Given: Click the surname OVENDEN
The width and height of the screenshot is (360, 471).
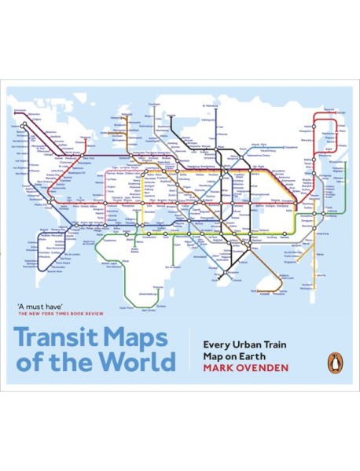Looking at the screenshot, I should pos(266,365).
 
